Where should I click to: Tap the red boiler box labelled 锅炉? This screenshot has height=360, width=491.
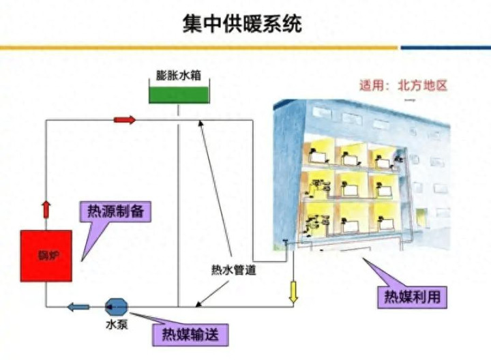(x=46, y=256)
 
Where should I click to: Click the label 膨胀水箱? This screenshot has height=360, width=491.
(x=179, y=75)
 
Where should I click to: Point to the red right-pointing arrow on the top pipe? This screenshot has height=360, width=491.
(x=124, y=120)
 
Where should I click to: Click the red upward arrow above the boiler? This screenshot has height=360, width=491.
(x=46, y=209)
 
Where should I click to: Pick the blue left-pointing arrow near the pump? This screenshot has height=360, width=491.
(x=78, y=307)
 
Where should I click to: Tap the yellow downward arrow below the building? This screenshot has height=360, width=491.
(x=294, y=291)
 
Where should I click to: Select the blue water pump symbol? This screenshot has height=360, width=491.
(x=115, y=306)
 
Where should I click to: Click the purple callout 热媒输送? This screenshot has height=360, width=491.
(x=192, y=335)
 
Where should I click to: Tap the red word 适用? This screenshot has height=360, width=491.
(x=373, y=86)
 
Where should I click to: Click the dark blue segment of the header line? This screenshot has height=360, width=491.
(x=445, y=48)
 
